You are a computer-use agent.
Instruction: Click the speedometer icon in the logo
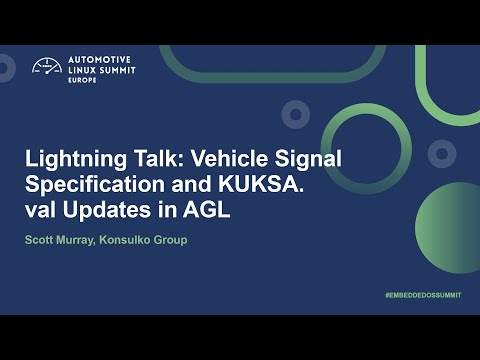(x=46, y=67)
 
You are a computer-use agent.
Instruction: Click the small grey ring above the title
(x=295, y=115)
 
